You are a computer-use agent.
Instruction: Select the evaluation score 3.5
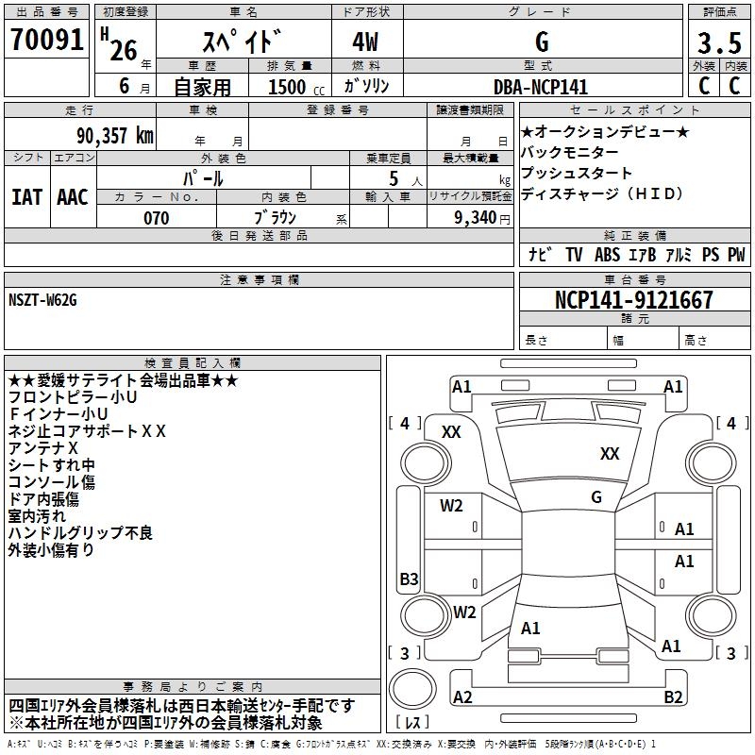718,43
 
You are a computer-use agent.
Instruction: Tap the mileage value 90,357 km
114,135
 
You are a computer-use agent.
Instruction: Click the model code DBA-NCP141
541,87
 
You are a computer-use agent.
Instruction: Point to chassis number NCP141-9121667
634,300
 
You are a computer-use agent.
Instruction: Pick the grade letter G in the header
542,42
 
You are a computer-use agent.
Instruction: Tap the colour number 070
156,218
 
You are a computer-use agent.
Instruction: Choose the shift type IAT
26,197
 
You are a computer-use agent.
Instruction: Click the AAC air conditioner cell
72,197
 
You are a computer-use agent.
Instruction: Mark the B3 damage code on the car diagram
409,579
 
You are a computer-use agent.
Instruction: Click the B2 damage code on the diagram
673,697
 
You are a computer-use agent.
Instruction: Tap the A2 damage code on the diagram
462,697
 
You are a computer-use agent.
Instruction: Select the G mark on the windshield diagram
596,497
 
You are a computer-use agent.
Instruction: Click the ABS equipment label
607,255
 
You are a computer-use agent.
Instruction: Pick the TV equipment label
574,255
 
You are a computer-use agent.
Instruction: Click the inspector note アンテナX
42,447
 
